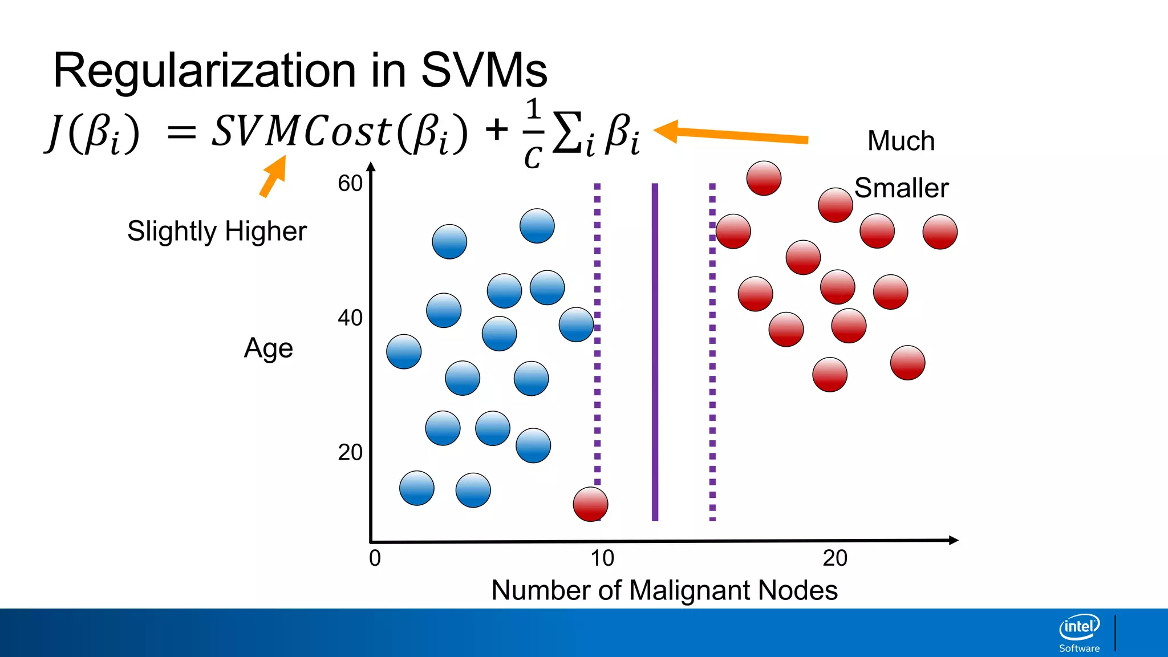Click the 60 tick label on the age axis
tap(350, 184)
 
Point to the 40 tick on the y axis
tap(350, 318)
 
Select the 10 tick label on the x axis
tap(602, 558)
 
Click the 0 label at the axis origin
tap(375, 558)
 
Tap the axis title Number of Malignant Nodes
tap(664, 590)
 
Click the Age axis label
tap(268, 348)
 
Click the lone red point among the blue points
tap(590, 504)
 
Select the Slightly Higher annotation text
tap(217, 231)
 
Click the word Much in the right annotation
tap(901, 141)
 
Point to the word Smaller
tap(901, 188)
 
